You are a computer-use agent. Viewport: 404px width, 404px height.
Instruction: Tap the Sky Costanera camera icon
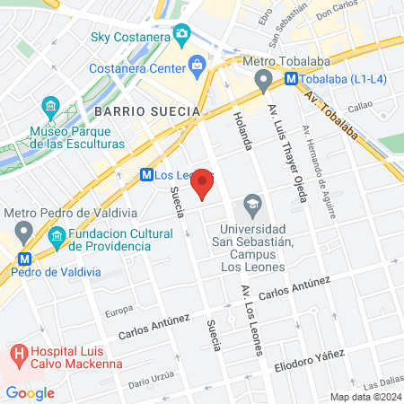point(182,34)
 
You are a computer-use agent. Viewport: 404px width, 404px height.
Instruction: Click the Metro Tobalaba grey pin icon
point(262,82)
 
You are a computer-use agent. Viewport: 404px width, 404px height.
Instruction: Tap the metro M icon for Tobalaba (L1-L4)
point(291,78)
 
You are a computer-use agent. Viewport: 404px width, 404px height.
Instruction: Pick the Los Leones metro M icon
point(145,176)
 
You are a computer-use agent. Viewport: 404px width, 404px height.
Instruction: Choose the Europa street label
point(119,312)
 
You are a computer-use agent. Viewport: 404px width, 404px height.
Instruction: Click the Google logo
point(30,392)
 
